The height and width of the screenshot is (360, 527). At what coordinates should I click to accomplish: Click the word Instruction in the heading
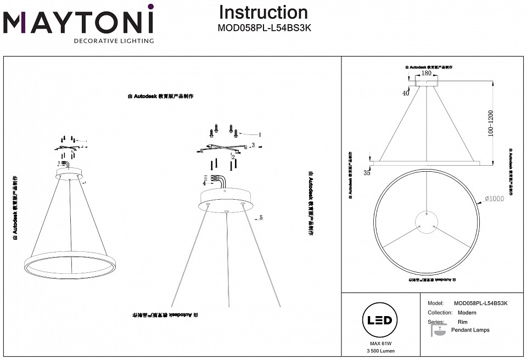coord(263,13)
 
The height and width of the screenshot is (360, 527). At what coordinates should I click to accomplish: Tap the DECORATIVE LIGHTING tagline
coord(114,41)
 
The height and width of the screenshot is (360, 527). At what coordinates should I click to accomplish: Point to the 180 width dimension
coord(426,73)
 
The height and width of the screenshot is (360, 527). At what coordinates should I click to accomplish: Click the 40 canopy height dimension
coord(406,93)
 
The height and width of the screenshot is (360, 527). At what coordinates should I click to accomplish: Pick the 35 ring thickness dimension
coord(367,173)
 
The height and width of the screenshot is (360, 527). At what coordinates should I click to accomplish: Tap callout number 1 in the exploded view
coord(260,134)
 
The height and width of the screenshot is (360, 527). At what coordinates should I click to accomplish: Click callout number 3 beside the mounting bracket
coord(253,145)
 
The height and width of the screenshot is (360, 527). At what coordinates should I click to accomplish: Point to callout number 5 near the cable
coord(261,218)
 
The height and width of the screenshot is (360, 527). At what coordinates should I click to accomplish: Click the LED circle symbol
coord(379,321)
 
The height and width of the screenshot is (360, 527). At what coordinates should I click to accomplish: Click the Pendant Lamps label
coord(470,330)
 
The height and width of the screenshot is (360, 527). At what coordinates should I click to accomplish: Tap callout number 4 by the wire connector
coord(204,184)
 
